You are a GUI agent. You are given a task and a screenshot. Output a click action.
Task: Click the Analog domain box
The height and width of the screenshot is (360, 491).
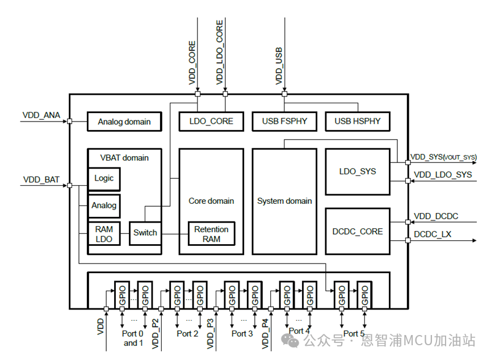click(x=124, y=122)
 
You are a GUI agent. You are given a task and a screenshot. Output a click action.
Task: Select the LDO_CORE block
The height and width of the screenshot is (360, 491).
click(x=211, y=121)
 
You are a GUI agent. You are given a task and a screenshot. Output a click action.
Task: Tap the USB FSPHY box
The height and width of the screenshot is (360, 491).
click(x=284, y=121)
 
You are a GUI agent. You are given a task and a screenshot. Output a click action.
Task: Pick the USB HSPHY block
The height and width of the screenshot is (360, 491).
click(x=357, y=121)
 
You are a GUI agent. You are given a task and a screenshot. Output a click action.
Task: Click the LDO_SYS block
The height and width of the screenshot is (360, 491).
click(x=357, y=171)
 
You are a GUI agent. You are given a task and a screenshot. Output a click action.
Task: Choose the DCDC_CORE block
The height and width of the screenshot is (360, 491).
click(x=357, y=231)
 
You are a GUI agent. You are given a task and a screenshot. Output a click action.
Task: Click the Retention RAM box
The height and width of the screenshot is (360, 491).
click(x=211, y=234)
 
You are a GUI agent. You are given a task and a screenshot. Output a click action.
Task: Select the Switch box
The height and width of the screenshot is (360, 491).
click(x=145, y=233)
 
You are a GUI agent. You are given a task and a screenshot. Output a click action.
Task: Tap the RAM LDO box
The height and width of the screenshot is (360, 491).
click(x=104, y=234)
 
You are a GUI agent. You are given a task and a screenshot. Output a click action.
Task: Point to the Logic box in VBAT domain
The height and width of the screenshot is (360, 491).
click(x=104, y=178)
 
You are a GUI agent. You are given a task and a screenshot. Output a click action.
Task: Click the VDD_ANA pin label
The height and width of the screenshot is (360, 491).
click(x=41, y=115)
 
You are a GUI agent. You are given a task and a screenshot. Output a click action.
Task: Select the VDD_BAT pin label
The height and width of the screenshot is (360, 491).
click(x=41, y=179)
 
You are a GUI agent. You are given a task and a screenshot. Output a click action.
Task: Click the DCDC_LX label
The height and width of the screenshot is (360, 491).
click(x=433, y=233)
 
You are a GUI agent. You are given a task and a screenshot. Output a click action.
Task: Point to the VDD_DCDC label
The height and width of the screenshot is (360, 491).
click(x=436, y=216)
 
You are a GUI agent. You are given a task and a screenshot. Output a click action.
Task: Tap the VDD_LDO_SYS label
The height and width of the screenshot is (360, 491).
click(x=443, y=174)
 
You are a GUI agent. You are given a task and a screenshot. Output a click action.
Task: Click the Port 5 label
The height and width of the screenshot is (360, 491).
click(x=354, y=333)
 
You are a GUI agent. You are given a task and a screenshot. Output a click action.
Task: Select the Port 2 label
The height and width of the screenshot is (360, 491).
click(x=187, y=333)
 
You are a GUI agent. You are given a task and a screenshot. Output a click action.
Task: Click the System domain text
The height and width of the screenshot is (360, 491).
click(x=284, y=201)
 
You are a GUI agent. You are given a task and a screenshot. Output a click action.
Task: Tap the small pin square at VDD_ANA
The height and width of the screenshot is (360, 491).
click(x=69, y=121)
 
